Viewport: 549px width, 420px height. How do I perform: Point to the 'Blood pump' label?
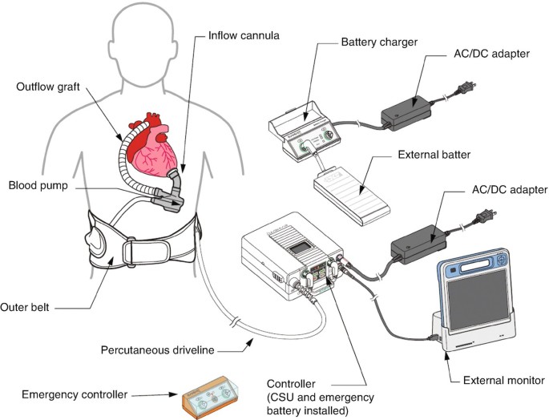pyautogui.click(x=38, y=185)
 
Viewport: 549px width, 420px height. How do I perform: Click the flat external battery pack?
pyautogui.click(x=353, y=192)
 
